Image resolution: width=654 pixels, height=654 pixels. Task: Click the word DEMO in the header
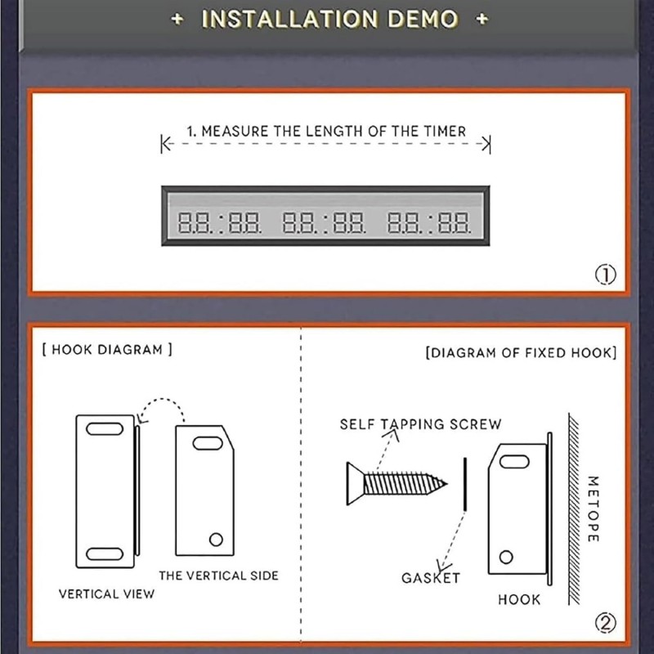(423, 19)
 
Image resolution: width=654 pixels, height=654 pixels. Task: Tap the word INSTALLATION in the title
(290, 19)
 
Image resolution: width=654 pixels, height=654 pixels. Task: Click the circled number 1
(605, 275)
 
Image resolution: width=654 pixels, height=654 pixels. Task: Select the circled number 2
(605, 623)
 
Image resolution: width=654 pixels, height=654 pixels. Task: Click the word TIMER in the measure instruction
(445, 132)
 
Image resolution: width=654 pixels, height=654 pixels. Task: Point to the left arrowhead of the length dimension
(167, 145)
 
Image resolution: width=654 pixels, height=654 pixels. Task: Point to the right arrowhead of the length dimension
(486, 145)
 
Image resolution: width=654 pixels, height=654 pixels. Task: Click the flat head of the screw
(355, 484)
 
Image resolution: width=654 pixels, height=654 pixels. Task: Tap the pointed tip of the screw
(446, 484)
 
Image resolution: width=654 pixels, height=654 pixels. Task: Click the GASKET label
(431, 578)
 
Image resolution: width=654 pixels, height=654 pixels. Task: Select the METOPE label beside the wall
(594, 508)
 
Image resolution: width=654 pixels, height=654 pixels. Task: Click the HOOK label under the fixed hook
(519, 600)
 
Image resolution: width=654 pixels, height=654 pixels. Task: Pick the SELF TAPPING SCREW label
(420, 424)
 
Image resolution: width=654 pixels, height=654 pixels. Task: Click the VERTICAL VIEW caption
(106, 594)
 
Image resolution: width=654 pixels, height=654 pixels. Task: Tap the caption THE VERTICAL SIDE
(218, 576)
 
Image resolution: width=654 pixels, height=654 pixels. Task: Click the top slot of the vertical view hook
(105, 428)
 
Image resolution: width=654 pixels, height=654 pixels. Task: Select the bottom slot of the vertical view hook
(105, 554)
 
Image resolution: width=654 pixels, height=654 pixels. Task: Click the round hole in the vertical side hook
(216, 540)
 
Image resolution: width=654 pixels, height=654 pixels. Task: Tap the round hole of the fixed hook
(506, 558)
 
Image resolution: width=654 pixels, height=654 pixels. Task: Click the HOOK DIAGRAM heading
(107, 350)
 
